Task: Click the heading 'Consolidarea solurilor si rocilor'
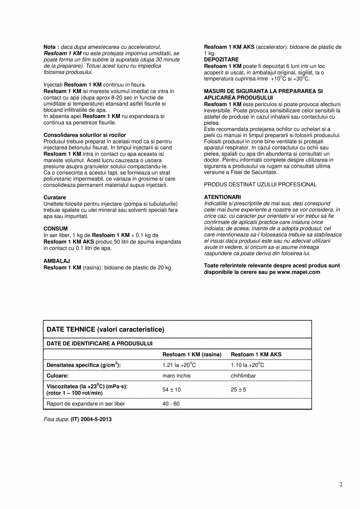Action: pyautogui.click(x=85, y=135)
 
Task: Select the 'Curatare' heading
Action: pyautogui.click(x=55, y=198)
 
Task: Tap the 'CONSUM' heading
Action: pyautogui.click(x=56, y=229)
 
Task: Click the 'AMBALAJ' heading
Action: pyautogui.click(x=57, y=261)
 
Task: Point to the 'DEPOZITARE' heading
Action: pyautogui.click(x=221, y=60)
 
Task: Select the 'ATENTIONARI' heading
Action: pyautogui.click(x=222, y=197)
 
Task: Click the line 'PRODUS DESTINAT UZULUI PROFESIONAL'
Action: pyautogui.click(x=260, y=184)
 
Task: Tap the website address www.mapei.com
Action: pyautogui.click(x=299, y=272)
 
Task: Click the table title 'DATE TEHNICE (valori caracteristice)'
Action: pyautogui.click(x=105, y=330)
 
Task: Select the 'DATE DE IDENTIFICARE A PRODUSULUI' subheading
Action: pyautogui.click(x=99, y=343)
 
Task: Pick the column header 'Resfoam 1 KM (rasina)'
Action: pyautogui.click(x=192, y=355)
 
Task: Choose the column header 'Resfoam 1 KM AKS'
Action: pyautogui.click(x=256, y=355)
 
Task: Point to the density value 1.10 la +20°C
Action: pyautogui.click(x=247, y=365)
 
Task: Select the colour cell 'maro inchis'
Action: pyautogui.click(x=176, y=376)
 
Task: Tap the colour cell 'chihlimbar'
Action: pyautogui.click(x=243, y=376)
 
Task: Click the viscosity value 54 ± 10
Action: pyautogui.click(x=171, y=390)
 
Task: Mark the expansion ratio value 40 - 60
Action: pyautogui.click(x=171, y=404)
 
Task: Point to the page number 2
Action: pyautogui.click(x=341, y=485)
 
